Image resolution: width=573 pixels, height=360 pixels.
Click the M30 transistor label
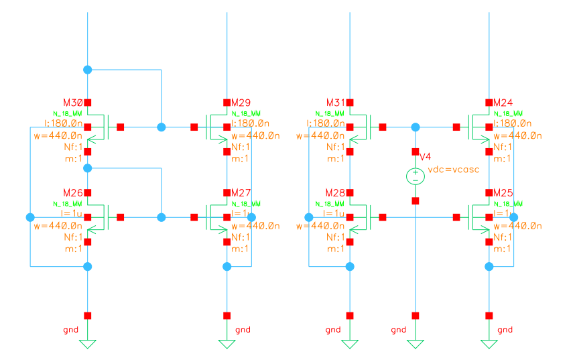point(72,103)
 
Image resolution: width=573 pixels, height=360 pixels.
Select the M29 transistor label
point(241,103)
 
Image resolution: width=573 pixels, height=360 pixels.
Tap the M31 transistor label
point(335,103)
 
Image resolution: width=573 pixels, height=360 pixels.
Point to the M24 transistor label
point(503,103)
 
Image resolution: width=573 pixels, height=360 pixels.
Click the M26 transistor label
point(72,193)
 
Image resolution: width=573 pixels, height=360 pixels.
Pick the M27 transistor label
point(241,193)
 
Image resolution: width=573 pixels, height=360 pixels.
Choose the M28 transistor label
point(335,193)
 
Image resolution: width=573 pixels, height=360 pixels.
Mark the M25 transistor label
point(503,193)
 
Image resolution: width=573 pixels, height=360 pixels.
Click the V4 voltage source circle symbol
point(416,176)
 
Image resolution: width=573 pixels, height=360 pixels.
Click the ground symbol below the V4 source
point(416,344)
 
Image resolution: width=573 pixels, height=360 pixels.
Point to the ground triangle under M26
point(87,344)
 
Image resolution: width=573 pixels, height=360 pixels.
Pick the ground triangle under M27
point(227,344)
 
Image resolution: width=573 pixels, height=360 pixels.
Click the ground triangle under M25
point(489,344)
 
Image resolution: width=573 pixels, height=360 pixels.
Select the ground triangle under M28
point(350,344)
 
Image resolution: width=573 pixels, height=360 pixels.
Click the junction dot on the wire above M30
point(87,70)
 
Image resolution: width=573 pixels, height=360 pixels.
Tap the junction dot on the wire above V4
point(416,127)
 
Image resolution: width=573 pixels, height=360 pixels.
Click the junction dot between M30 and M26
point(87,169)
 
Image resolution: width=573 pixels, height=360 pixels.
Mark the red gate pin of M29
point(194,127)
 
